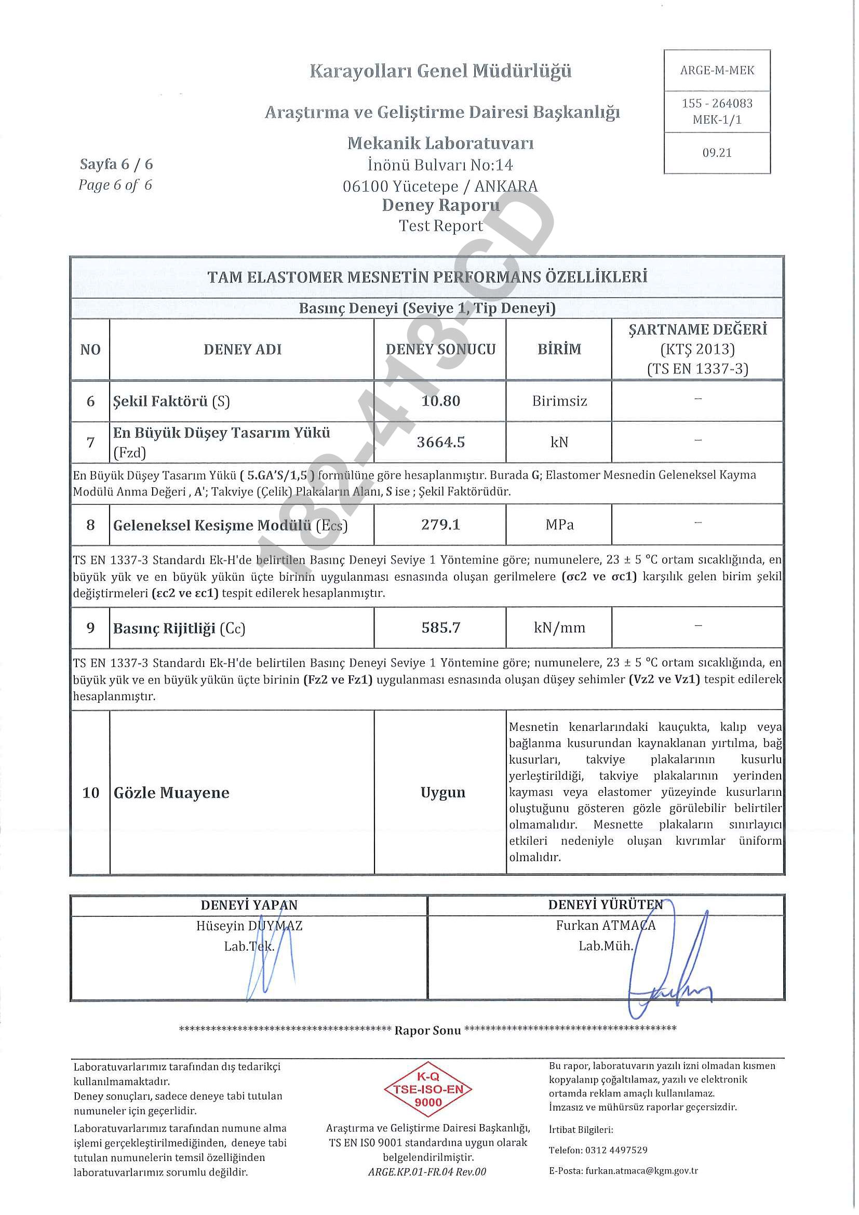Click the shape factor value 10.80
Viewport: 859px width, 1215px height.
coord(440,400)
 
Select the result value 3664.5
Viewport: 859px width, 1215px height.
coord(440,442)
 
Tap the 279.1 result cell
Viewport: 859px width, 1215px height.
coord(440,525)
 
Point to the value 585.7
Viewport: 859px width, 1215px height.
coord(440,627)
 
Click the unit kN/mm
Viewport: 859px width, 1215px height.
coord(559,627)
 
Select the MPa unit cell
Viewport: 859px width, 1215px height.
coord(559,525)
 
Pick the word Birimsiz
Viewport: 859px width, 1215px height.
coord(559,400)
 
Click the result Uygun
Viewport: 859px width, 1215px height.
coord(442,792)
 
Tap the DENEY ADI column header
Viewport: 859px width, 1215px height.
coord(242,349)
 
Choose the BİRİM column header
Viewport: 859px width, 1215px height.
coord(559,349)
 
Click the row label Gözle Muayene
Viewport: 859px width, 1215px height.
coord(171,793)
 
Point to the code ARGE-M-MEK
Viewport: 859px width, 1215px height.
coord(717,70)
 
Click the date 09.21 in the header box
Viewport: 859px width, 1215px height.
coord(717,153)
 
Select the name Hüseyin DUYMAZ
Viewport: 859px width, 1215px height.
coord(249,926)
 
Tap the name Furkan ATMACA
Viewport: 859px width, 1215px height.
coord(606,925)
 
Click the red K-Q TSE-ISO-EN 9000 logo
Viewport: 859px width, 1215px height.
coord(428,1090)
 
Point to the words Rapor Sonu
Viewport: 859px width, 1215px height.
coord(427,1030)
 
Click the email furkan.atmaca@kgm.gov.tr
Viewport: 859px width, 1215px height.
coord(641,1170)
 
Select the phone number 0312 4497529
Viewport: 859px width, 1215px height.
coord(616,1150)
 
